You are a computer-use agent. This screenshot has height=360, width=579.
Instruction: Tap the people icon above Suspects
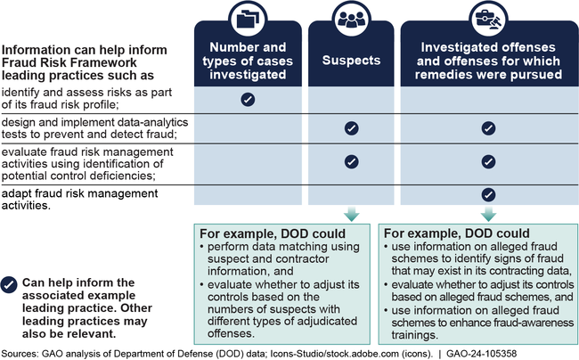(351, 19)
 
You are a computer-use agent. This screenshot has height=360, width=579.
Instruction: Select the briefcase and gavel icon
(487, 19)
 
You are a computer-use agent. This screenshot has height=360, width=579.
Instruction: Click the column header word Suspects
(351, 63)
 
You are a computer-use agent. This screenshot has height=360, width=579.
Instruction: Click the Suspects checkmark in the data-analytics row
(351, 128)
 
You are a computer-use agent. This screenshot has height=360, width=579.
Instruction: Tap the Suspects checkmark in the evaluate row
(351, 162)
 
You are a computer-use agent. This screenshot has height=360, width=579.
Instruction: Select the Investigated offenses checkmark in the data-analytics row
(487, 128)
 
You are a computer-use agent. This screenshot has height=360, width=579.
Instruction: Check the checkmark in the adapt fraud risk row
(487, 193)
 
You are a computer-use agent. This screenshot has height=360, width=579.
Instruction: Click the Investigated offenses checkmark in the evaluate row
(487, 162)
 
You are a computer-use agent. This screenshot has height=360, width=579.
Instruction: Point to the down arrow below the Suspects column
(351, 216)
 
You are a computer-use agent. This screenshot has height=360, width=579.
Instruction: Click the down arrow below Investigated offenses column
(487, 216)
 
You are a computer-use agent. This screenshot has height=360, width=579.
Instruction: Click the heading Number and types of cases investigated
(249, 62)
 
